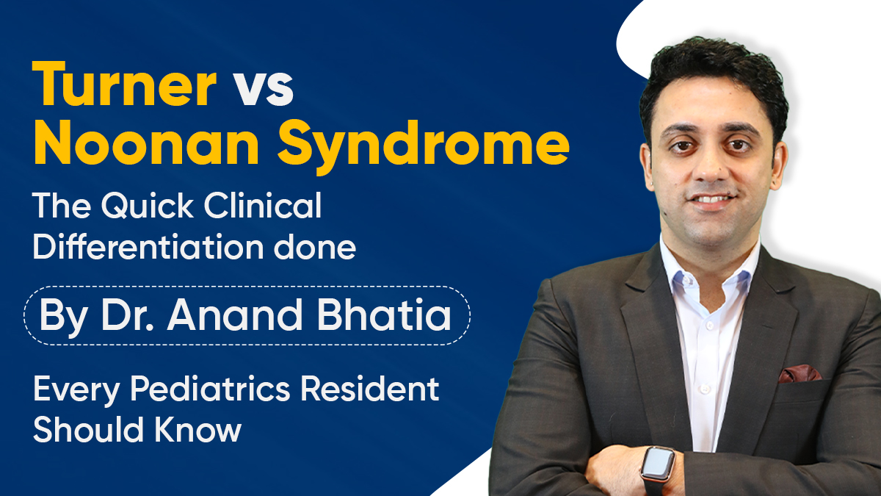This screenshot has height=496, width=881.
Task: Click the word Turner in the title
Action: click(123, 87)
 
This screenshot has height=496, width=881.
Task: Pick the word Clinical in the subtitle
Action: click(267, 208)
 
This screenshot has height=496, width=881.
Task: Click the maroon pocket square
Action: click(799, 373)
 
